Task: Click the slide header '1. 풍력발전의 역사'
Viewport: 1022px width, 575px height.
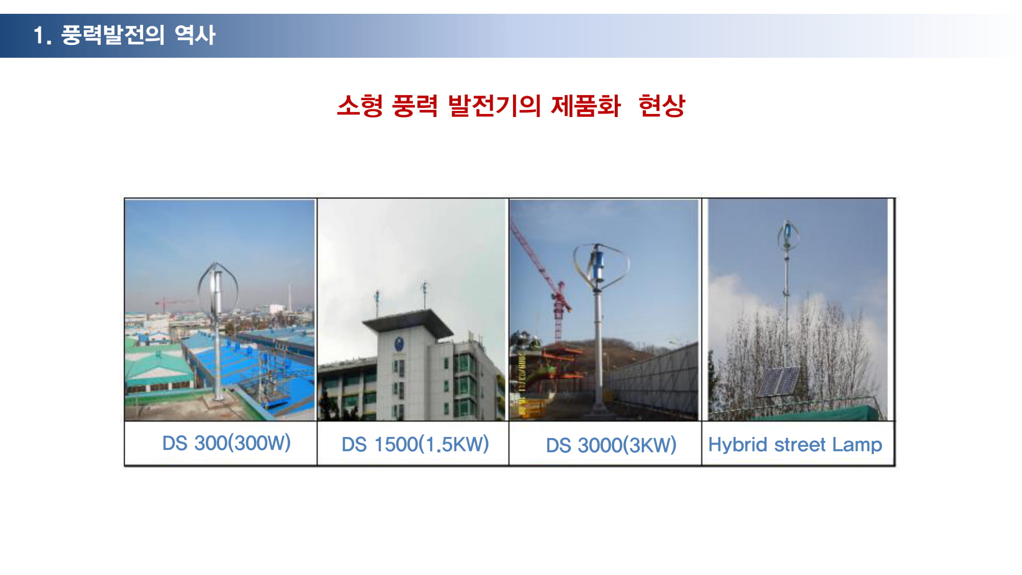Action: [124, 35]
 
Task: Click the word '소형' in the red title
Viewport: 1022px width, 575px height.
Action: [360, 106]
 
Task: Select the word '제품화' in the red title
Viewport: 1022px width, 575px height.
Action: [586, 106]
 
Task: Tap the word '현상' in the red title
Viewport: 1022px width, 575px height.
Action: [662, 106]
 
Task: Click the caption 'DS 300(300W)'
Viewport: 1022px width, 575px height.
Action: [226, 443]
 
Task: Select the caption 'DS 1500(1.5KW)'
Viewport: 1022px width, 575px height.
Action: [415, 444]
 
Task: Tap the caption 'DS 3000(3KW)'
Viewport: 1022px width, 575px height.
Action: [611, 445]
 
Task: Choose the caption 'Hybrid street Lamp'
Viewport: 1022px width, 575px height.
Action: [795, 445]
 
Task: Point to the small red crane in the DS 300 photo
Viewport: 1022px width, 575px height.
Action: [169, 304]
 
